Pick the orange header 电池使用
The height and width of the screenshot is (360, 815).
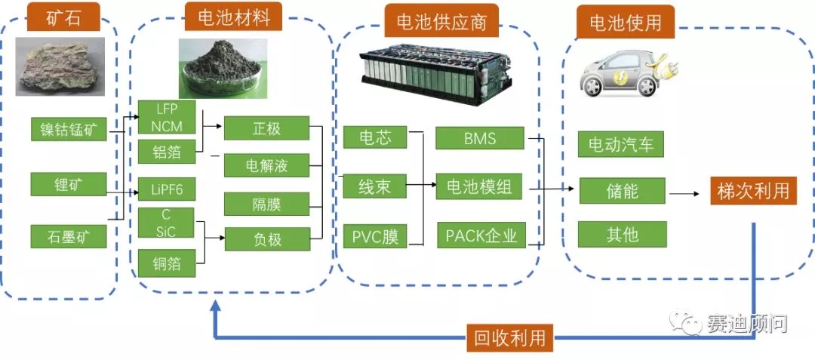(x=625, y=23)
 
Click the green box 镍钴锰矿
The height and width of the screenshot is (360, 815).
(x=69, y=128)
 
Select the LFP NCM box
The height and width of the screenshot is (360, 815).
(x=166, y=117)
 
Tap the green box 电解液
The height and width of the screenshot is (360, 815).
(x=267, y=165)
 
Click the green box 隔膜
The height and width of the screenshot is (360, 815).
(x=267, y=203)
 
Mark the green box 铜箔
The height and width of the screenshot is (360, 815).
(x=166, y=263)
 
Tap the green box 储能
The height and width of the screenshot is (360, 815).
(x=622, y=190)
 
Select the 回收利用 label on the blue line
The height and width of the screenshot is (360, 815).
(x=509, y=337)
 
